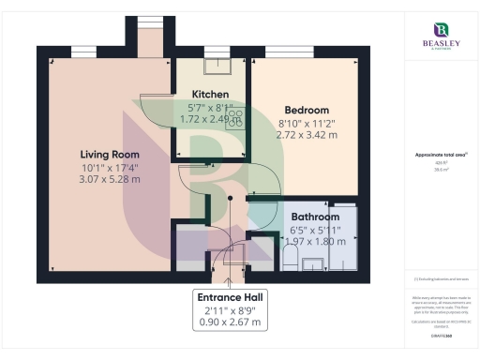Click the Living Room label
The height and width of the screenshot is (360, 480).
109,154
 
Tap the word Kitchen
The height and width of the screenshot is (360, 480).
210,95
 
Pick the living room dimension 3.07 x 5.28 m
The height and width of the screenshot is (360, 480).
109,178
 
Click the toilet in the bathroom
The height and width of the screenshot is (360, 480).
290,256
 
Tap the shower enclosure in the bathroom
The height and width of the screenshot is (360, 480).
342,234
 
